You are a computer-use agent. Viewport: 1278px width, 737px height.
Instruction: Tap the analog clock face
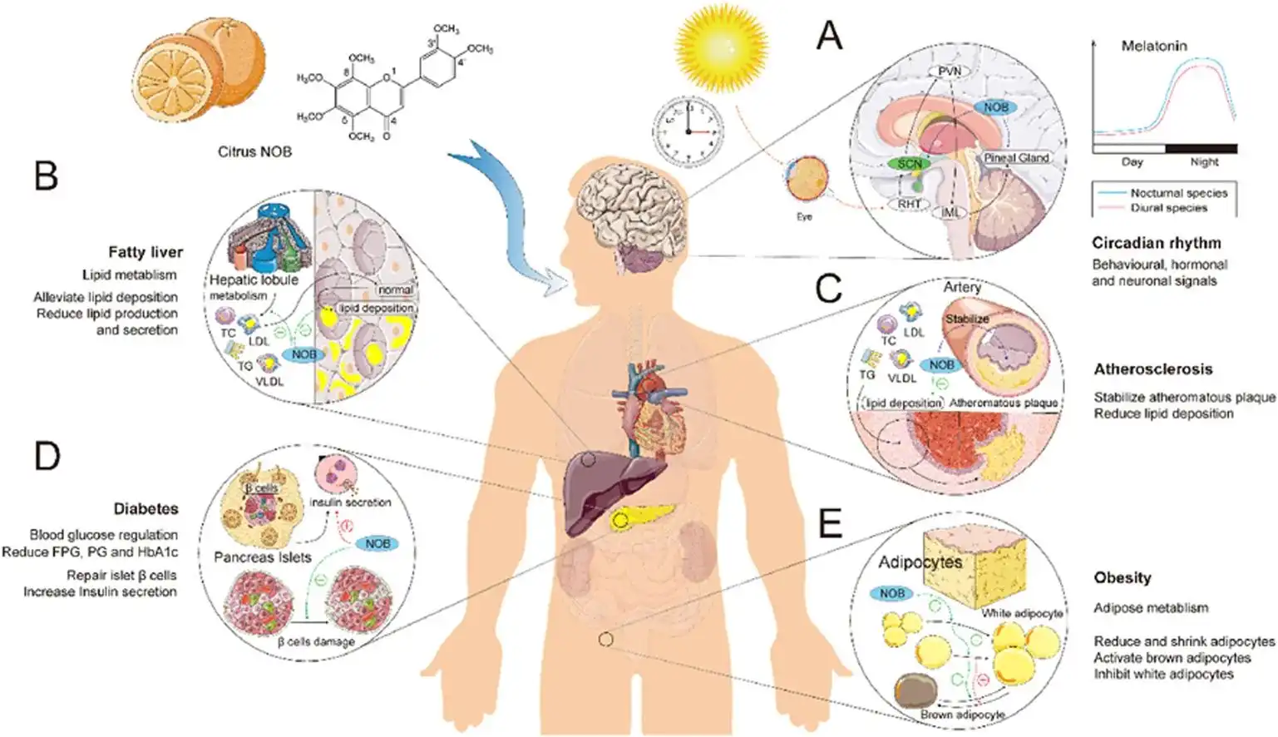point(688,131)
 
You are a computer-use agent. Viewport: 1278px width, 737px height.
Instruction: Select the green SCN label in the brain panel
point(909,164)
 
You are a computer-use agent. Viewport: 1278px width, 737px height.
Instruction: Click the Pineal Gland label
point(1016,158)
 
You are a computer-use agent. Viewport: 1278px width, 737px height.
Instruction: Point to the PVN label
point(950,72)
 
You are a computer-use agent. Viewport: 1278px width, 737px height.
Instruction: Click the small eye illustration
point(804,180)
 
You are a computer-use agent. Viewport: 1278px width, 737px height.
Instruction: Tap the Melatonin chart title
point(1154,46)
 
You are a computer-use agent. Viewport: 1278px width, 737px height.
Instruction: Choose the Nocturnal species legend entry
point(1178,193)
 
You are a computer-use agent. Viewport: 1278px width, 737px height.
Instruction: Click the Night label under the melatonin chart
point(1204,162)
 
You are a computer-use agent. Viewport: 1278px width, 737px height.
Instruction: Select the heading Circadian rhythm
point(1156,243)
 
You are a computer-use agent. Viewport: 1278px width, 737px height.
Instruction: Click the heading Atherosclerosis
point(1152,369)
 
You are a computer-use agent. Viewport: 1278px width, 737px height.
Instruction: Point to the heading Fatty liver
point(145,252)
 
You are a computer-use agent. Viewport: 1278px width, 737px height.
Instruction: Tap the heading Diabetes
point(146,508)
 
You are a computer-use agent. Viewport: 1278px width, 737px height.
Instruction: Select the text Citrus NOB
point(254,152)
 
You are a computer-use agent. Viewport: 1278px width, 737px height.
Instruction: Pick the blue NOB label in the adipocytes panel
point(891,593)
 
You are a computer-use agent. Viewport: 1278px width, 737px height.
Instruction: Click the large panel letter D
point(47,457)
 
